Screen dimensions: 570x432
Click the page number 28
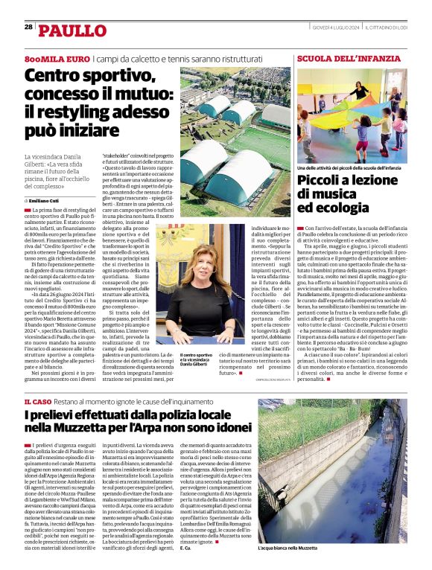point(28,26)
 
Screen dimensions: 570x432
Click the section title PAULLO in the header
point(73,31)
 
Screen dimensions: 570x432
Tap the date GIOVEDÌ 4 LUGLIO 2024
point(337,27)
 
